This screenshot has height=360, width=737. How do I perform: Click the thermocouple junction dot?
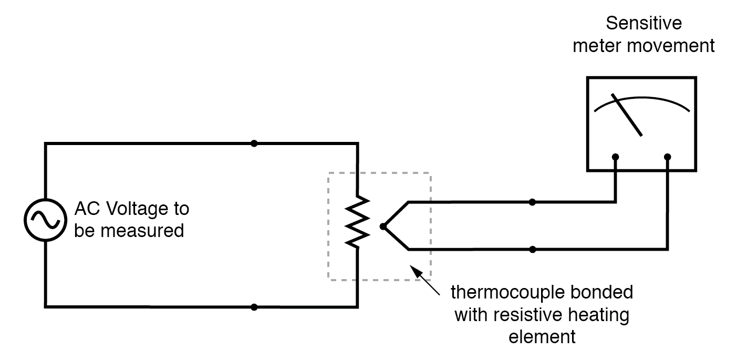(383, 227)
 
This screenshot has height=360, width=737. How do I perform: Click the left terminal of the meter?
(615, 157)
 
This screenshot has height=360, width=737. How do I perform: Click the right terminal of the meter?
(668, 157)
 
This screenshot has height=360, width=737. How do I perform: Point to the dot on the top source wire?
(254, 143)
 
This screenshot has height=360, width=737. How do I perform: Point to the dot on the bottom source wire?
(254, 307)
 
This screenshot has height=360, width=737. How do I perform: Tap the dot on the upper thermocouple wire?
(533, 202)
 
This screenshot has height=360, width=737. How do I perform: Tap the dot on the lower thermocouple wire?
(533, 249)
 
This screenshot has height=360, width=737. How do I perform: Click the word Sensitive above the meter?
(643, 24)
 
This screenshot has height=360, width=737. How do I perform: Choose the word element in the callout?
(542, 336)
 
